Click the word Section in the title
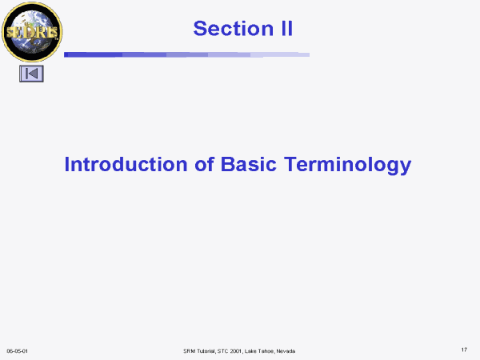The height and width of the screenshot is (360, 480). (x=234, y=29)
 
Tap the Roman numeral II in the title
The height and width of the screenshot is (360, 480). (x=287, y=29)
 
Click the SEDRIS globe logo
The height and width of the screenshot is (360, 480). (x=32, y=32)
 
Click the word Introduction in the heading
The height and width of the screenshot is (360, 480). (x=126, y=164)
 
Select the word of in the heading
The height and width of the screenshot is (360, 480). (x=204, y=164)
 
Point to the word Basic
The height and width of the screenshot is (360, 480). (x=248, y=164)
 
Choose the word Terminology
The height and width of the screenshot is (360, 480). (x=347, y=166)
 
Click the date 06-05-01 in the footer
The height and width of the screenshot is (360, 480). (x=17, y=351)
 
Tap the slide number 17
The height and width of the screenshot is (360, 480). (x=464, y=350)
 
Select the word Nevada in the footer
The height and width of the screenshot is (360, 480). (x=286, y=351)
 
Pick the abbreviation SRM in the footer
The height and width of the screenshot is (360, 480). (x=189, y=351)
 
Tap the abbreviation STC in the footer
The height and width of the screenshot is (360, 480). (x=222, y=351)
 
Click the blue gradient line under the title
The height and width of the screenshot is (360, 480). (x=186, y=54)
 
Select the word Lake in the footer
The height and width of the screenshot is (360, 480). (x=250, y=351)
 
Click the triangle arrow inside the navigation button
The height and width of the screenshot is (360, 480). (x=33, y=74)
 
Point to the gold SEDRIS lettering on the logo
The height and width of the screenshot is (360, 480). (x=32, y=32)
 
